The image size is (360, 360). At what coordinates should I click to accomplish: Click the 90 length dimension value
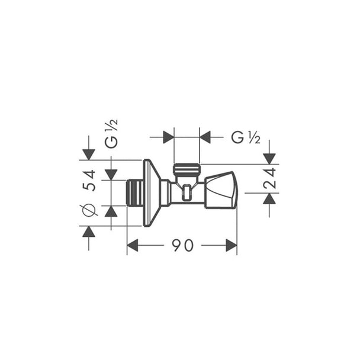coord(183,245)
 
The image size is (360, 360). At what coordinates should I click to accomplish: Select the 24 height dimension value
coord(270,178)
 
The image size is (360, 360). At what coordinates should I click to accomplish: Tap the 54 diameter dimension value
coord(89,180)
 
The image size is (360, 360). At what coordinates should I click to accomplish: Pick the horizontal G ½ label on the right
coord(246,137)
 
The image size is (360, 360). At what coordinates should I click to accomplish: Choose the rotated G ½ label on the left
coord(111,133)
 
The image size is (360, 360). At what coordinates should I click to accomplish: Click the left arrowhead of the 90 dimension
coord(133,245)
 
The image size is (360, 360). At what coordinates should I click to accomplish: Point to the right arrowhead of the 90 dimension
coord(232,245)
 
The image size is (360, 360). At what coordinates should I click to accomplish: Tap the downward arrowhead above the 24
coord(269,159)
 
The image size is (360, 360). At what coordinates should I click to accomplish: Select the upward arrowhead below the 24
coord(269,198)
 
